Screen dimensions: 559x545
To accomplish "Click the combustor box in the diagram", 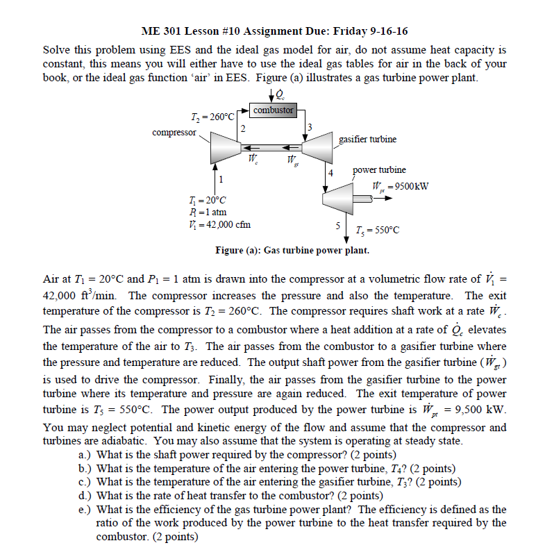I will [x=273, y=110].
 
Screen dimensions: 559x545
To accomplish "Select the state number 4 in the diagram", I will [x=331, y=172].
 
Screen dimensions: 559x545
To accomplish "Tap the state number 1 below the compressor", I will [x=220, y=180].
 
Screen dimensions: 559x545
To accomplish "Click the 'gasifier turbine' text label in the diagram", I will [x=367, y=139].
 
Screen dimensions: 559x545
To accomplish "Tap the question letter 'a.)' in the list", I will [x=85, y=455].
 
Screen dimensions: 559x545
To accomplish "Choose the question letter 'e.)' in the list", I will [x=85, y=509].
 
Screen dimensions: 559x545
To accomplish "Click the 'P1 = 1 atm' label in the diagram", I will [x=208, y=212].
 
